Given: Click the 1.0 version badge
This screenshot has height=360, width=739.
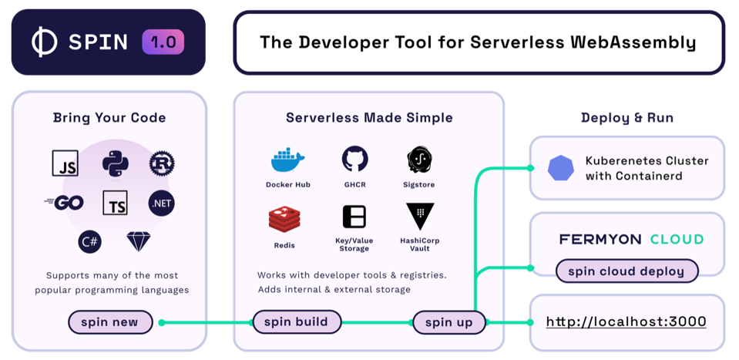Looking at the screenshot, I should click(x=163, y=42).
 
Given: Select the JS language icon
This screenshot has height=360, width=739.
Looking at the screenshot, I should click(x=66, y=163).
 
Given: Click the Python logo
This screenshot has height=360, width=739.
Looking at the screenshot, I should click(x=114, y=163).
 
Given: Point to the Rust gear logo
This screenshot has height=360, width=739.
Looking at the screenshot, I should click(x=162, y=163).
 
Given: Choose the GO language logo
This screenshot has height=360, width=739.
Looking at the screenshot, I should click(x=64, y=203).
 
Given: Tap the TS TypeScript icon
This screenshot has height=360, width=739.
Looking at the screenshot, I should click(x=114, y=203).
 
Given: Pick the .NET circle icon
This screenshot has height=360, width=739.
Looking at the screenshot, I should click(x=162, y=203).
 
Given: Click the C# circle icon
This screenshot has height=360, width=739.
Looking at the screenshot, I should click(x=89, y=241).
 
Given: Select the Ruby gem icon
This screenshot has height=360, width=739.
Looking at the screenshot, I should click(x=139, y=241).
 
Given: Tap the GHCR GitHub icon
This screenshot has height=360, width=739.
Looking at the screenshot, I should click(x=354, y=159).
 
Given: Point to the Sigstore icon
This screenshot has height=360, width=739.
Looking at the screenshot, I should click(x=419, y=160).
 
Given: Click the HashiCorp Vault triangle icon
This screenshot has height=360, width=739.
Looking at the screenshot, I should click(x=419, y=217).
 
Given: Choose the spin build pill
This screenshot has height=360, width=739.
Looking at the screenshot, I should click(x=296, y=321).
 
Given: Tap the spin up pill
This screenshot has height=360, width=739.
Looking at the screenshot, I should click(x=448, y=322).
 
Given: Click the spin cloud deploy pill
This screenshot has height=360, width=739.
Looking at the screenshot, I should click(x=626, y=271).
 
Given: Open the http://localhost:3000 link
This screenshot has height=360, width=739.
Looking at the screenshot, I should click(x=626, y=321).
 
